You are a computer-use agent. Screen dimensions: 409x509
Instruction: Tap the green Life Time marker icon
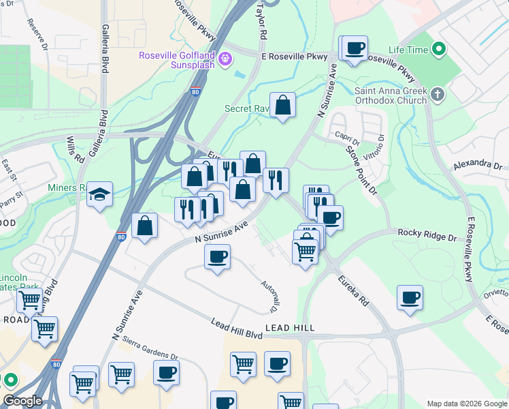tap(440, 50)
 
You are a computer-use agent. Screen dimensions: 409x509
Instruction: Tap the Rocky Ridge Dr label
tap(427, 234)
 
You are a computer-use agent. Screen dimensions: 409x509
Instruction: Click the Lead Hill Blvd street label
tap(236, 328)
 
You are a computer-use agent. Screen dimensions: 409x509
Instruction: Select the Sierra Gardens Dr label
tap(145, 356)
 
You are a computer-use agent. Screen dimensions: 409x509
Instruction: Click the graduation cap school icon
tap(99, 194)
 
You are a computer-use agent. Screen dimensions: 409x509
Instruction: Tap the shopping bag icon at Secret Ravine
tap(282, 105)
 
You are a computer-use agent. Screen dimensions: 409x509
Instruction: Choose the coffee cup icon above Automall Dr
tap(217, 257)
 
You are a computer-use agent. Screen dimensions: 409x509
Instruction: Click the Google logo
tap(22, 401)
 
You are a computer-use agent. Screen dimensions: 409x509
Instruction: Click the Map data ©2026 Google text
tap(466, 404)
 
